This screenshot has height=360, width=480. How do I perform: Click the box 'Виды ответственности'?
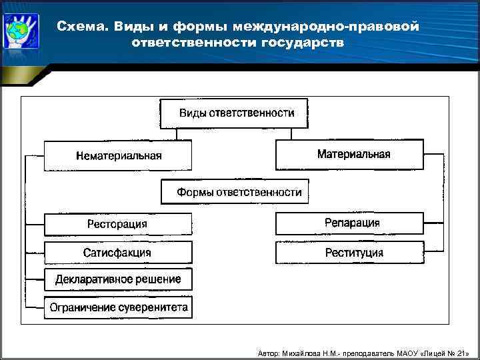[236, 113]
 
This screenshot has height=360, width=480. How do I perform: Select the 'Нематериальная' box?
[118, 155]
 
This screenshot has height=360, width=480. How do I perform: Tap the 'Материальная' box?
[349, 154]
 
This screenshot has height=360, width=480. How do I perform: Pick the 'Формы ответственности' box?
[239, 193]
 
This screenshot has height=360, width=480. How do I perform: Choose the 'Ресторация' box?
[118, 224]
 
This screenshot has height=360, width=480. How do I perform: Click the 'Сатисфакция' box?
[118, 253]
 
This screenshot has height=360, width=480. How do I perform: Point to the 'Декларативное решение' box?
[118, 279]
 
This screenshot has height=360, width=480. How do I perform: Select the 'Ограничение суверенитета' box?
[118, 307]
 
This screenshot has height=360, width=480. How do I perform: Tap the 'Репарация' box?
[349, 223]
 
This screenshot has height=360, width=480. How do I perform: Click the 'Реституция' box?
[349, 253]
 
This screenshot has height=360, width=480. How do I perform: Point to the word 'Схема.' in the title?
[83, 26]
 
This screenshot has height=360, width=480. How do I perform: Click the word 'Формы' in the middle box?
[194, 193]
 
